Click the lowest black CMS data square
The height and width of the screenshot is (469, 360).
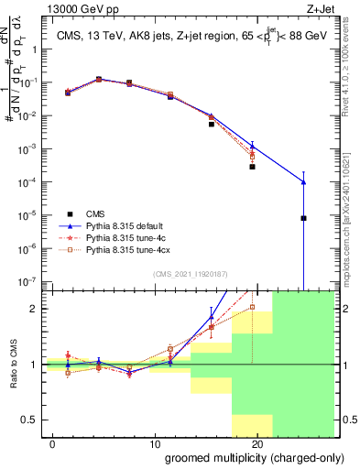coord(303,218)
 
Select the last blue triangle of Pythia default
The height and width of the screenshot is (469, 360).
coord(303,182)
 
